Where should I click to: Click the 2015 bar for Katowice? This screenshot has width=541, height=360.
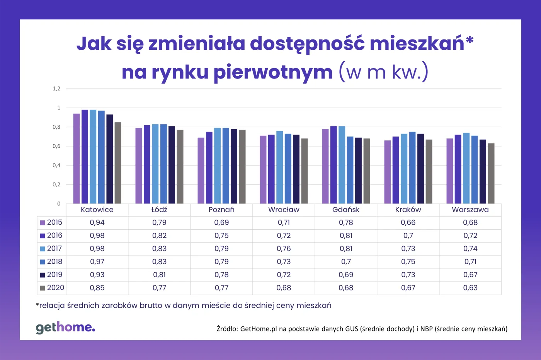click(x=77, y=159)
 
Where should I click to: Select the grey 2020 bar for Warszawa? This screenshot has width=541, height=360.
click(x=491, y=174)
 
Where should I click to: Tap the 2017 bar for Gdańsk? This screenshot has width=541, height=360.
click(x=342, y=165)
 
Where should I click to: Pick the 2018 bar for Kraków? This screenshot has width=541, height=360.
click(x=412, y=168)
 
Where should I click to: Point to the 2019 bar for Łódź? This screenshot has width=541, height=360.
click(x=172, y=165)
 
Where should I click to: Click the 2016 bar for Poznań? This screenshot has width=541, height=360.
click(x=209, y=168)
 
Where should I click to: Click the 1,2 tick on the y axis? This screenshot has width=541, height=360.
click(x=56, y=89)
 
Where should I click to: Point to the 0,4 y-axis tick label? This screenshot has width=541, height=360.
click(x=56, y=165)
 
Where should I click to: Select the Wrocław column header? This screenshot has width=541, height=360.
click(x=284, y=210)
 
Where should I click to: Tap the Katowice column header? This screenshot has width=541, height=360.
click(x=97, y=210)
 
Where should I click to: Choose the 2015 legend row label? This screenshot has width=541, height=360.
click(x=54, y=222)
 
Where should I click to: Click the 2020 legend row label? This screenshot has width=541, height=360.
click(x=55, y=288)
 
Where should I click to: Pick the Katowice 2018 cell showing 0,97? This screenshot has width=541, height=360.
click(x=97, y=262)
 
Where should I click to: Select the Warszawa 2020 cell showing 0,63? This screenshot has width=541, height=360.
click(x=470, y=288)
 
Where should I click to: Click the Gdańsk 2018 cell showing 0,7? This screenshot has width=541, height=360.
click(x=346, y=262)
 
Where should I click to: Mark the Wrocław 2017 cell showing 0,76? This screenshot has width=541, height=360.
click(x=284, y=249)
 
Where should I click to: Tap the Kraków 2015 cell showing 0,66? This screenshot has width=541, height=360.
click(x=408, y=222)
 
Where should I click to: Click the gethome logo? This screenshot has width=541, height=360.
click(x=65, y=327)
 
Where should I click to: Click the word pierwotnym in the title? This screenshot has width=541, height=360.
click(x=273, y=72)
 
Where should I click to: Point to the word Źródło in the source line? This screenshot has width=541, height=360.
click(x=227, y=329)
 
